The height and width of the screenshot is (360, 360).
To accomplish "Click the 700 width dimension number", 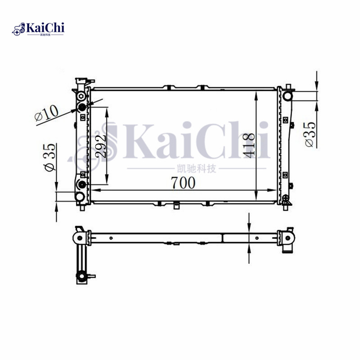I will click(x=183, y=183).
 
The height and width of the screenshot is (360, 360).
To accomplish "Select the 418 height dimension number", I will click(x=249, y=145).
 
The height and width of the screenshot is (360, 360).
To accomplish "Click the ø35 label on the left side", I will click(x=49, y=157).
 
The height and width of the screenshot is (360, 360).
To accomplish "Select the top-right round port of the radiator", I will click(x=288, y=95).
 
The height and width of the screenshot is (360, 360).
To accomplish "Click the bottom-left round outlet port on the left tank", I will click(x=80, y=197).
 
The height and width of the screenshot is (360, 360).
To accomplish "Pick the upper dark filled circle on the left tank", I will click(x=82, y=107).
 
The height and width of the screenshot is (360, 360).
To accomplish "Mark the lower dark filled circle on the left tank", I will click(x=82, y=185).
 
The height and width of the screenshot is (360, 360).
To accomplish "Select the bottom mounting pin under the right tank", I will click(x=284, y=207).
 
